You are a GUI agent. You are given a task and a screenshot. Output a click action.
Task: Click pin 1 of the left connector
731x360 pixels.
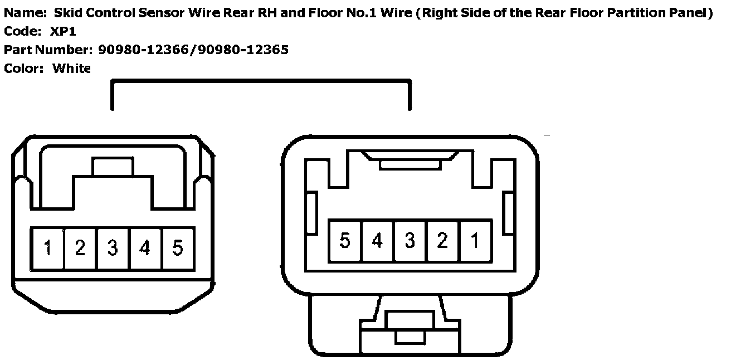coord(48,248)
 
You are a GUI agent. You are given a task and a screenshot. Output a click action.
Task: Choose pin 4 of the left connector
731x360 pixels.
coord(145,248)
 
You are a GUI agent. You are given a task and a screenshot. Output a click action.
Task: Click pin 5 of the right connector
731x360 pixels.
coord(345,241)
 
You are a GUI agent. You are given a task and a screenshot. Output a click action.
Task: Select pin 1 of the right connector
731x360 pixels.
coord(475,241)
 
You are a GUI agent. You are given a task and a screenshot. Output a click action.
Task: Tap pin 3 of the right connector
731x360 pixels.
coord(410,241)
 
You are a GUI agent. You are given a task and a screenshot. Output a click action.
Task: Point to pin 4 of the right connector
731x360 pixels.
coord(377,241)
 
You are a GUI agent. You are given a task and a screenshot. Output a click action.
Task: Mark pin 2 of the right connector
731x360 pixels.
coord(442,241)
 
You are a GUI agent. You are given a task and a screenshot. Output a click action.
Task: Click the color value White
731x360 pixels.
coord(71,69)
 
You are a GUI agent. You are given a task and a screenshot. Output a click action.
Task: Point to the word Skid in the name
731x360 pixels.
coord(67,13)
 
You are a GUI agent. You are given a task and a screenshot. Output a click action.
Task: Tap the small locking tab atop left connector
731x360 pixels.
coord(113,166)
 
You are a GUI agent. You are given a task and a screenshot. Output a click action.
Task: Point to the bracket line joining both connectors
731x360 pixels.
coord(261,82)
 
